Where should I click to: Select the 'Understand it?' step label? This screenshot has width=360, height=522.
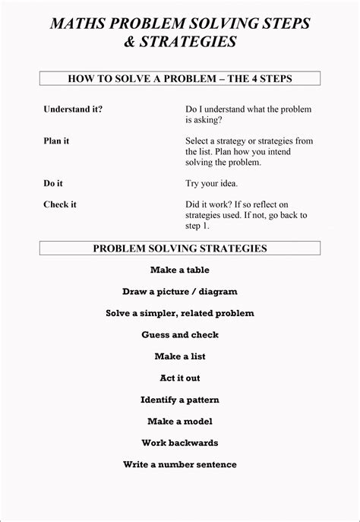[73, 109]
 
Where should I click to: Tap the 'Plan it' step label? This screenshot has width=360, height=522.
[57, 141]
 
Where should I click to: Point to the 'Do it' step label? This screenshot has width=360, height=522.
[52, 183]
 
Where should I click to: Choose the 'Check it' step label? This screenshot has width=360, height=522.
[60, 204]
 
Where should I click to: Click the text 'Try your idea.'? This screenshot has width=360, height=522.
[211, 183]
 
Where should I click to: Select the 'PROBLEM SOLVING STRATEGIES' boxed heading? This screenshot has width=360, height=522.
[180, 248]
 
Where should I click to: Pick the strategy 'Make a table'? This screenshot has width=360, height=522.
[179, 270]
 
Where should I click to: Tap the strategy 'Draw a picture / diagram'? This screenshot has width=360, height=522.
[180, 291]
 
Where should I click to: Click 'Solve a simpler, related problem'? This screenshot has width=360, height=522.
[180, 313]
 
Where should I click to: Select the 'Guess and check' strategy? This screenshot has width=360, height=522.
[180, 334]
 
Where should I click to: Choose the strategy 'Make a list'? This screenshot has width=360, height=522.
[180, 356]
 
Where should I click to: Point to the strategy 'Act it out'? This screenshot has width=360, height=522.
[180, 378]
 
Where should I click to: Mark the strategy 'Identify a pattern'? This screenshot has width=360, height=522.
[180, 399]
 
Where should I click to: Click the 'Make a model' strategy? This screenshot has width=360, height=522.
[180, 421]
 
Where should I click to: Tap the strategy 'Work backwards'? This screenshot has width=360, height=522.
[180, 442]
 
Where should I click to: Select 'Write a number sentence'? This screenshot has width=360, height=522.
[180, 464]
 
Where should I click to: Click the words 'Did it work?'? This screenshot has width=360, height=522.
[208, 204]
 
